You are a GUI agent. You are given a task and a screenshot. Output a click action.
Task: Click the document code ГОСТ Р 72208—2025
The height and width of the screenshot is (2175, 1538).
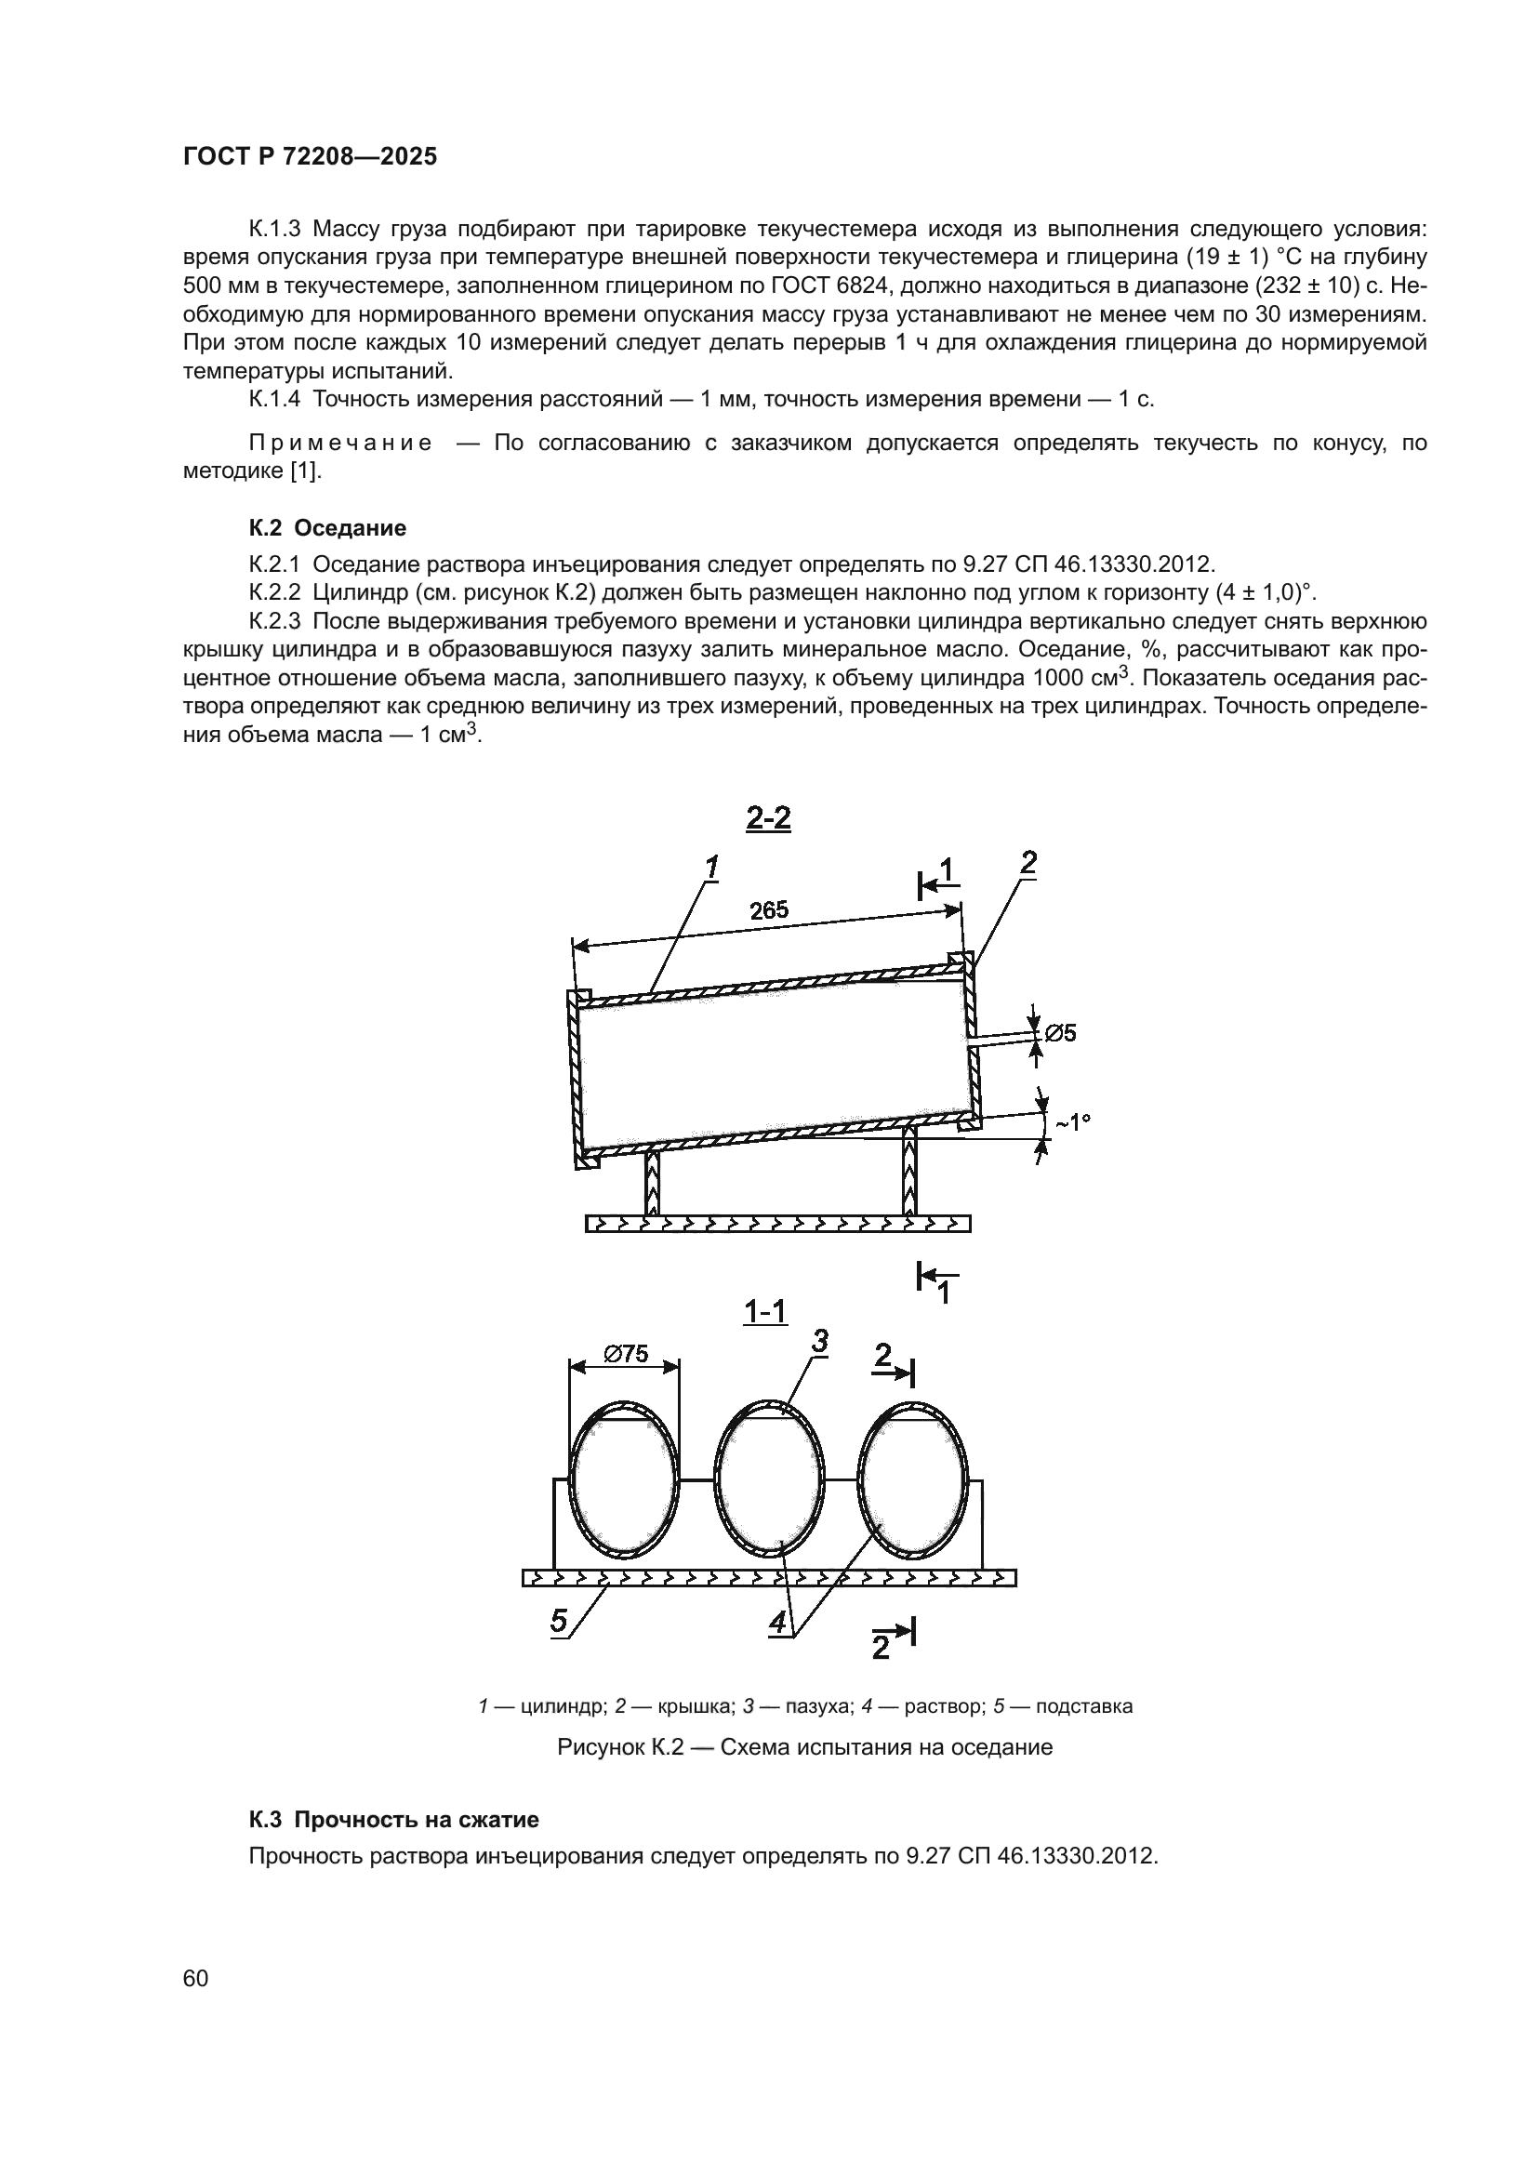[310, 157]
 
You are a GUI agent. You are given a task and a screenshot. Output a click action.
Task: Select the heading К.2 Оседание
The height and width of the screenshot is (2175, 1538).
[326, 527]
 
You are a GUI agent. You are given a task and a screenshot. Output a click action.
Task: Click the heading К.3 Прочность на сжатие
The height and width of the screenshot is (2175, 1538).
[393, 1819]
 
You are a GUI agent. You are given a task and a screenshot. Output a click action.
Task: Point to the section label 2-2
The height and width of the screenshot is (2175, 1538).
[768, 818]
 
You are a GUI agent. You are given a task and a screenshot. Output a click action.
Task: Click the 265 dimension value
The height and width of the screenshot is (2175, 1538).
[769, 910]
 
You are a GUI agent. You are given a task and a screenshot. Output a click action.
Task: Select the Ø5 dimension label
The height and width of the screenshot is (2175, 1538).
[1060, 1032]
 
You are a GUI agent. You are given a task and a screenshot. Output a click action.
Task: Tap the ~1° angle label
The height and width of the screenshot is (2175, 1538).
[1072, 1121]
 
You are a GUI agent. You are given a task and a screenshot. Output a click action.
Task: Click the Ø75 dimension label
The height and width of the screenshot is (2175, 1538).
[626, 1355]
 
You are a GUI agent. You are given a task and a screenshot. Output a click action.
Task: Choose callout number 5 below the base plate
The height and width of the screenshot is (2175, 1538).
[560, 1621]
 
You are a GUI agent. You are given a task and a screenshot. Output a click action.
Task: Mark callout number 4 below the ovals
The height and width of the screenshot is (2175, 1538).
[778, 1622]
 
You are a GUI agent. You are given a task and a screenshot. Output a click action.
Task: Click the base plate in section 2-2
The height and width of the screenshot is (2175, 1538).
[777, 1224]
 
